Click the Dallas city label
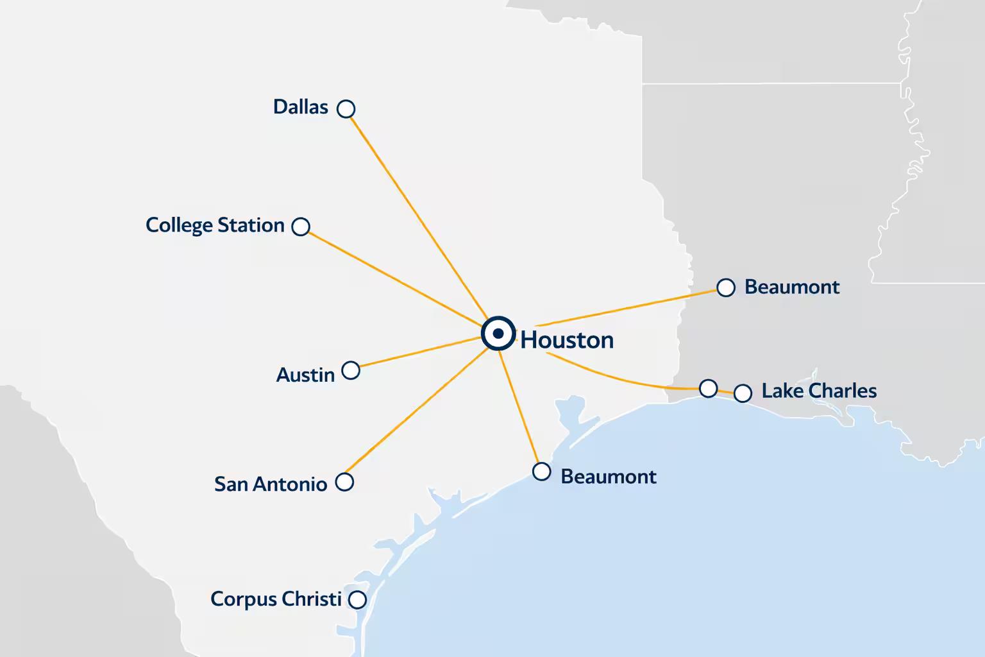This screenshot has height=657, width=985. coord(300,107)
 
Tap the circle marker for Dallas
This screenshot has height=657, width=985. coord(346,108)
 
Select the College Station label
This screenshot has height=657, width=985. coord(215,225)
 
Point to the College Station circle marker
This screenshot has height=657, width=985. coord(301,226)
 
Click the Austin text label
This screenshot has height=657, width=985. coord(305,375)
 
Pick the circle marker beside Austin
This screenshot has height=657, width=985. coord(351,370)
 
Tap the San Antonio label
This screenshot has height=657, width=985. coord(270,484)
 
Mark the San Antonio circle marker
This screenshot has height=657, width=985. coord(345,482)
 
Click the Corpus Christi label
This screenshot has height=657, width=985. coord(276,599)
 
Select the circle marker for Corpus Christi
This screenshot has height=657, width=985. coord(357,600)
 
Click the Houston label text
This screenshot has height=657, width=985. coord(567,340)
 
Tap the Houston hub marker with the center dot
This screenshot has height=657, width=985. coord(498,334)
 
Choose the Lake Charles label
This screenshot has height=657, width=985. coord(819,391)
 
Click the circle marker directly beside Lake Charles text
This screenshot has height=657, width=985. coord(743,393)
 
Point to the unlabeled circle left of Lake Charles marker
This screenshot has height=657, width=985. coord(708,388)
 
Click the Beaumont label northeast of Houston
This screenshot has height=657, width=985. coord(791,287)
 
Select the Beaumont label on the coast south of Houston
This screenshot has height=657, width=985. coord(608,477)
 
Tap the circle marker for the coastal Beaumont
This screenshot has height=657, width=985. coord(542,472)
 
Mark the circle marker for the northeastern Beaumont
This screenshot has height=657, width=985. coord(726,288)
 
